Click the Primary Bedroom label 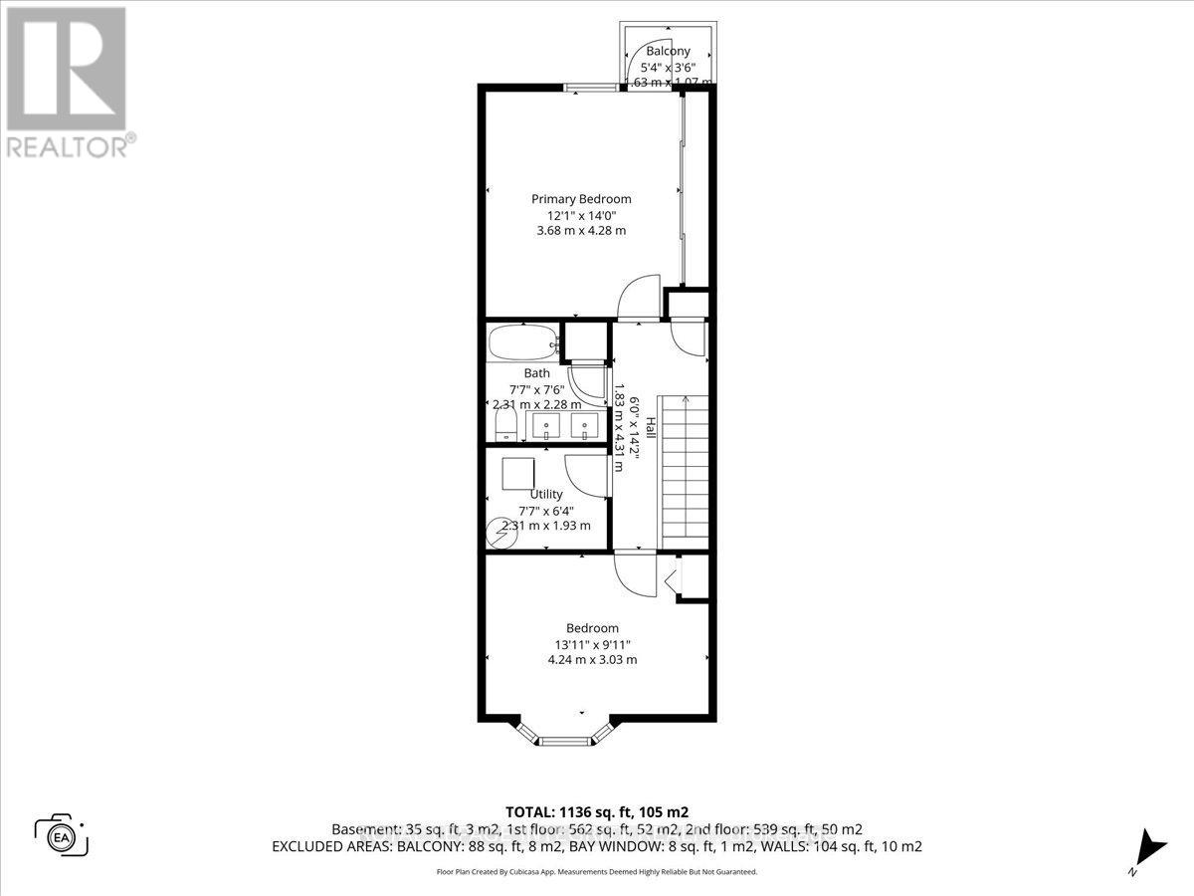[581, 199]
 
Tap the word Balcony [669, 51]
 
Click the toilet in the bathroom [504, 426]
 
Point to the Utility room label [546, 494]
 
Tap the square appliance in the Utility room [517, 472]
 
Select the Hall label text [651, 429]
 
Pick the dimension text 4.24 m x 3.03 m [593, 659]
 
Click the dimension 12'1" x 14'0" [580, 215]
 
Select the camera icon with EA [62, 834]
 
